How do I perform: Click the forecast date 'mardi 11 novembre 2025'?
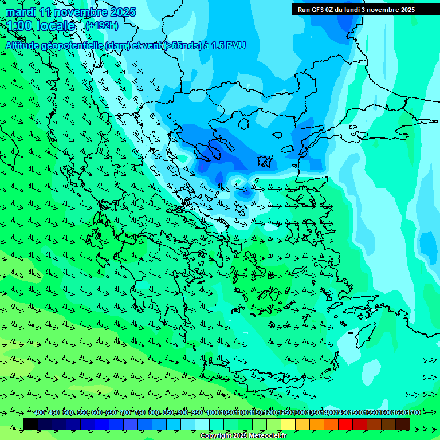point(70,12)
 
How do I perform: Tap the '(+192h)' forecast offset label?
point(103,26)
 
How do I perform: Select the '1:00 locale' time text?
point(41,26)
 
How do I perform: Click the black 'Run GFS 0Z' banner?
point(356,9)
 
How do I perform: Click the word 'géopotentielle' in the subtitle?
point(73,45)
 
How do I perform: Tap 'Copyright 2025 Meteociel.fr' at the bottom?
point(243,436)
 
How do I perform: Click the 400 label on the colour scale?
point(40,413)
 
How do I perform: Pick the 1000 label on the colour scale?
point(213,413)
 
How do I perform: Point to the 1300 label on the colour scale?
point(299,413)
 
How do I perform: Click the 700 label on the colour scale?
point(125,413)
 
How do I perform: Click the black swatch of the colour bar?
point(30,424)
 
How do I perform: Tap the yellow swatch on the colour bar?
point(288,424)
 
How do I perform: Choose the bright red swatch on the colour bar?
point(345,424)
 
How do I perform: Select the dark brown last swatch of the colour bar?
point(403,424)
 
